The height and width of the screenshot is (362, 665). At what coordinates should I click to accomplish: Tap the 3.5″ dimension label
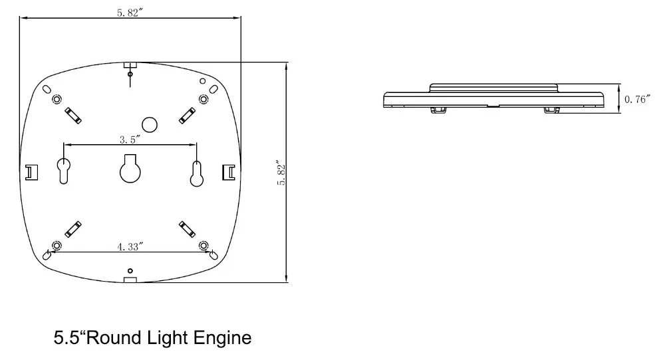[x=129, y=139]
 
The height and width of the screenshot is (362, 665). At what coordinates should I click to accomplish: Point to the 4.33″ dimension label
[x=130, y=246]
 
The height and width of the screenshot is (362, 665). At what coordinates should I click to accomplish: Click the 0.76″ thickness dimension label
[x=637, y=100]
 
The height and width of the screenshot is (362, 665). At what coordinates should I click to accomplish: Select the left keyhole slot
[x=64, y=171]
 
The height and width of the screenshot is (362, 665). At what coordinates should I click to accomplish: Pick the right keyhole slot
[x=197, y=172]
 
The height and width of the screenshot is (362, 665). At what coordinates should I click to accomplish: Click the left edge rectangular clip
[x=31, y=172]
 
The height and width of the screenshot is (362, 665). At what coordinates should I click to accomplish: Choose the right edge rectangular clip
[x=227, y=172]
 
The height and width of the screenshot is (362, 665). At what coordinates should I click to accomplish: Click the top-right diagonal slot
[x=188, y=115]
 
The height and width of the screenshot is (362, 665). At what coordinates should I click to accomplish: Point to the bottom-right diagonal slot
[x=188, y=229]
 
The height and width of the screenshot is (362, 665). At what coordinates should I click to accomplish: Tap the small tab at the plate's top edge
[x=130, y=65]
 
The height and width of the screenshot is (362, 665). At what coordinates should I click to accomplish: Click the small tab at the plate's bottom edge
[x=130, y=280]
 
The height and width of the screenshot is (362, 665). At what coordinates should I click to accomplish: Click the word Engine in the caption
[x=221, y=338]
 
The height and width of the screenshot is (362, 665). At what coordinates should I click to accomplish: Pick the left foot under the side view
[x=438, y=109]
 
